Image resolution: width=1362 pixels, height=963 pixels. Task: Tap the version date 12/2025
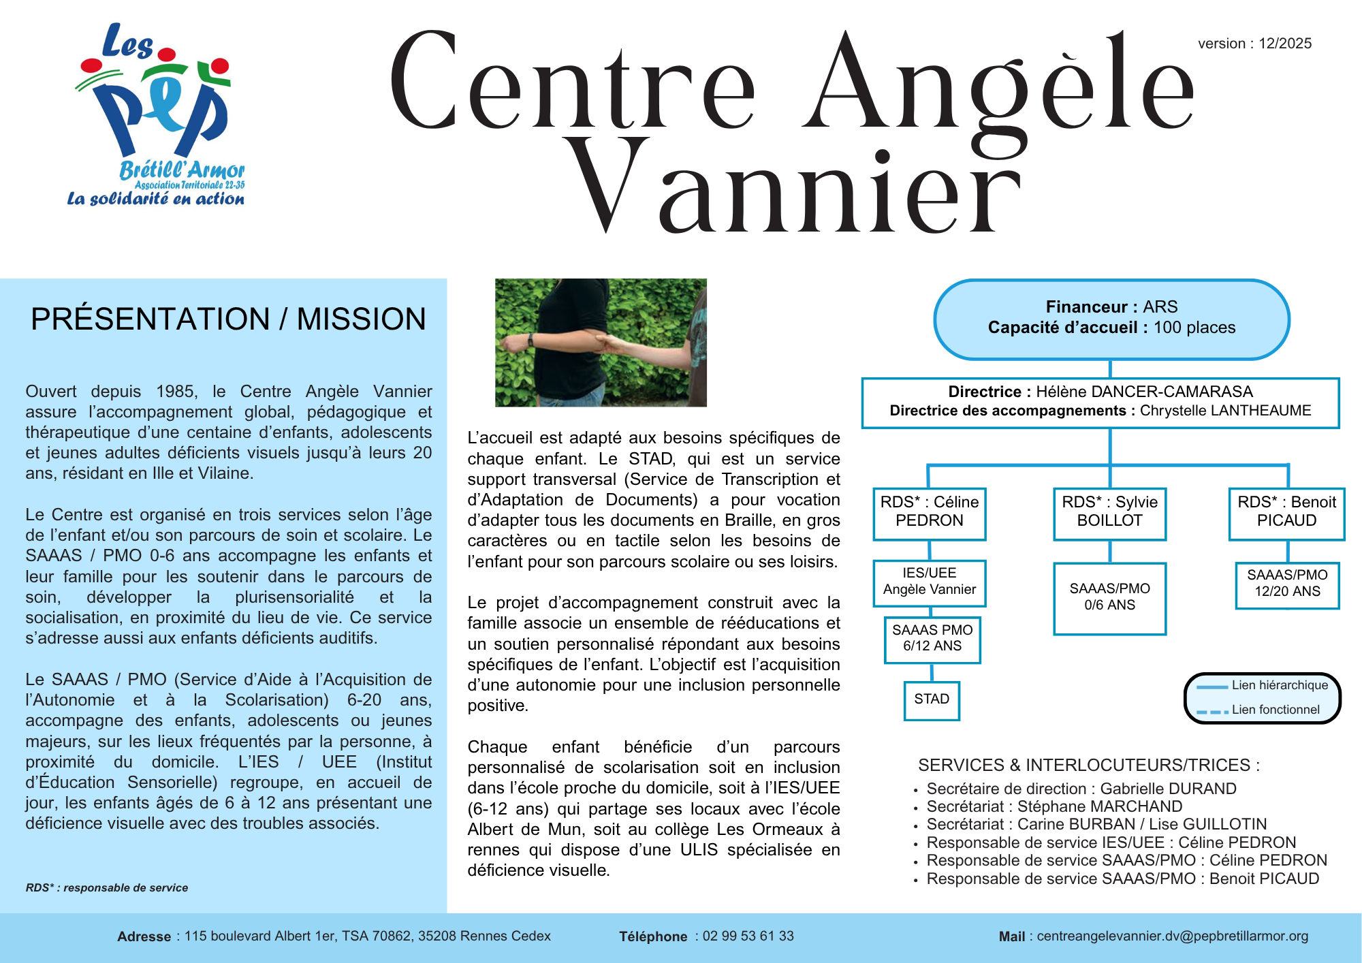click(1284, 44)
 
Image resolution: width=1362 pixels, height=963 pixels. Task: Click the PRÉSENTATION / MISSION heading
click(228, 319)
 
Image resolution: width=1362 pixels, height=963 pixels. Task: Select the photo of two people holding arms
click(601, 343)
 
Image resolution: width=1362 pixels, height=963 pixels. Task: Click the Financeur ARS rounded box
click(1111, 319)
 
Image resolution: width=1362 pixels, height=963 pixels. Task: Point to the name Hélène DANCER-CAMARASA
click(1144, 392)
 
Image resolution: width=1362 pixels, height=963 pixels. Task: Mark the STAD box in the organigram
click(932, 699)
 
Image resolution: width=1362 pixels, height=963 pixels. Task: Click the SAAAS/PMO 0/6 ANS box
click(1109, 597)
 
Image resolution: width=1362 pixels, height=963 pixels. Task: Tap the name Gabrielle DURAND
click(1168, 789)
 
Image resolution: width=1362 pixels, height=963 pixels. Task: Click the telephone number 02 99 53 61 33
click(748, 936)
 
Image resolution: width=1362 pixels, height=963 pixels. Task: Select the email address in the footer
click(1172, 936)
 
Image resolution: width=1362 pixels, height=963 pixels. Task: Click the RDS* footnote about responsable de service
click(107, 888)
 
